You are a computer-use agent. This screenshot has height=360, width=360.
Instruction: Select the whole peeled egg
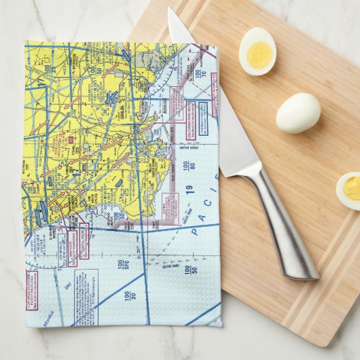click(298, 112)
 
